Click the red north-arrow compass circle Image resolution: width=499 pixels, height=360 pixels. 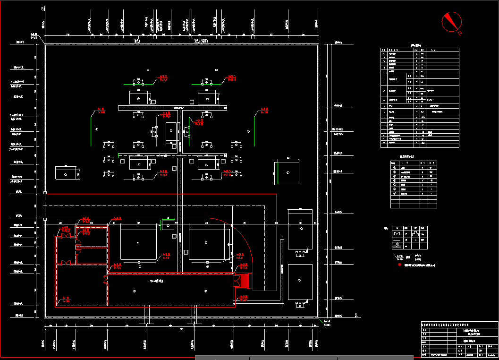[451, 21]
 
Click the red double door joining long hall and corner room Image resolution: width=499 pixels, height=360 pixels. [105, 280]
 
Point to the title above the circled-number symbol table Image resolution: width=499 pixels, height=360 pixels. [407, 157]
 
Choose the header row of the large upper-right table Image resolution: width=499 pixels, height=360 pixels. [420, 50]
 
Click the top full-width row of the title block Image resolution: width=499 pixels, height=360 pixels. [459, 325]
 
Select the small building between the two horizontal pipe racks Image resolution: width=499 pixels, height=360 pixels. [172, 133]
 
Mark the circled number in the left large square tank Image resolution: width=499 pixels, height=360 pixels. [138, 243]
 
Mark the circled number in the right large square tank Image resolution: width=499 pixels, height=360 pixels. [206, 243]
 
